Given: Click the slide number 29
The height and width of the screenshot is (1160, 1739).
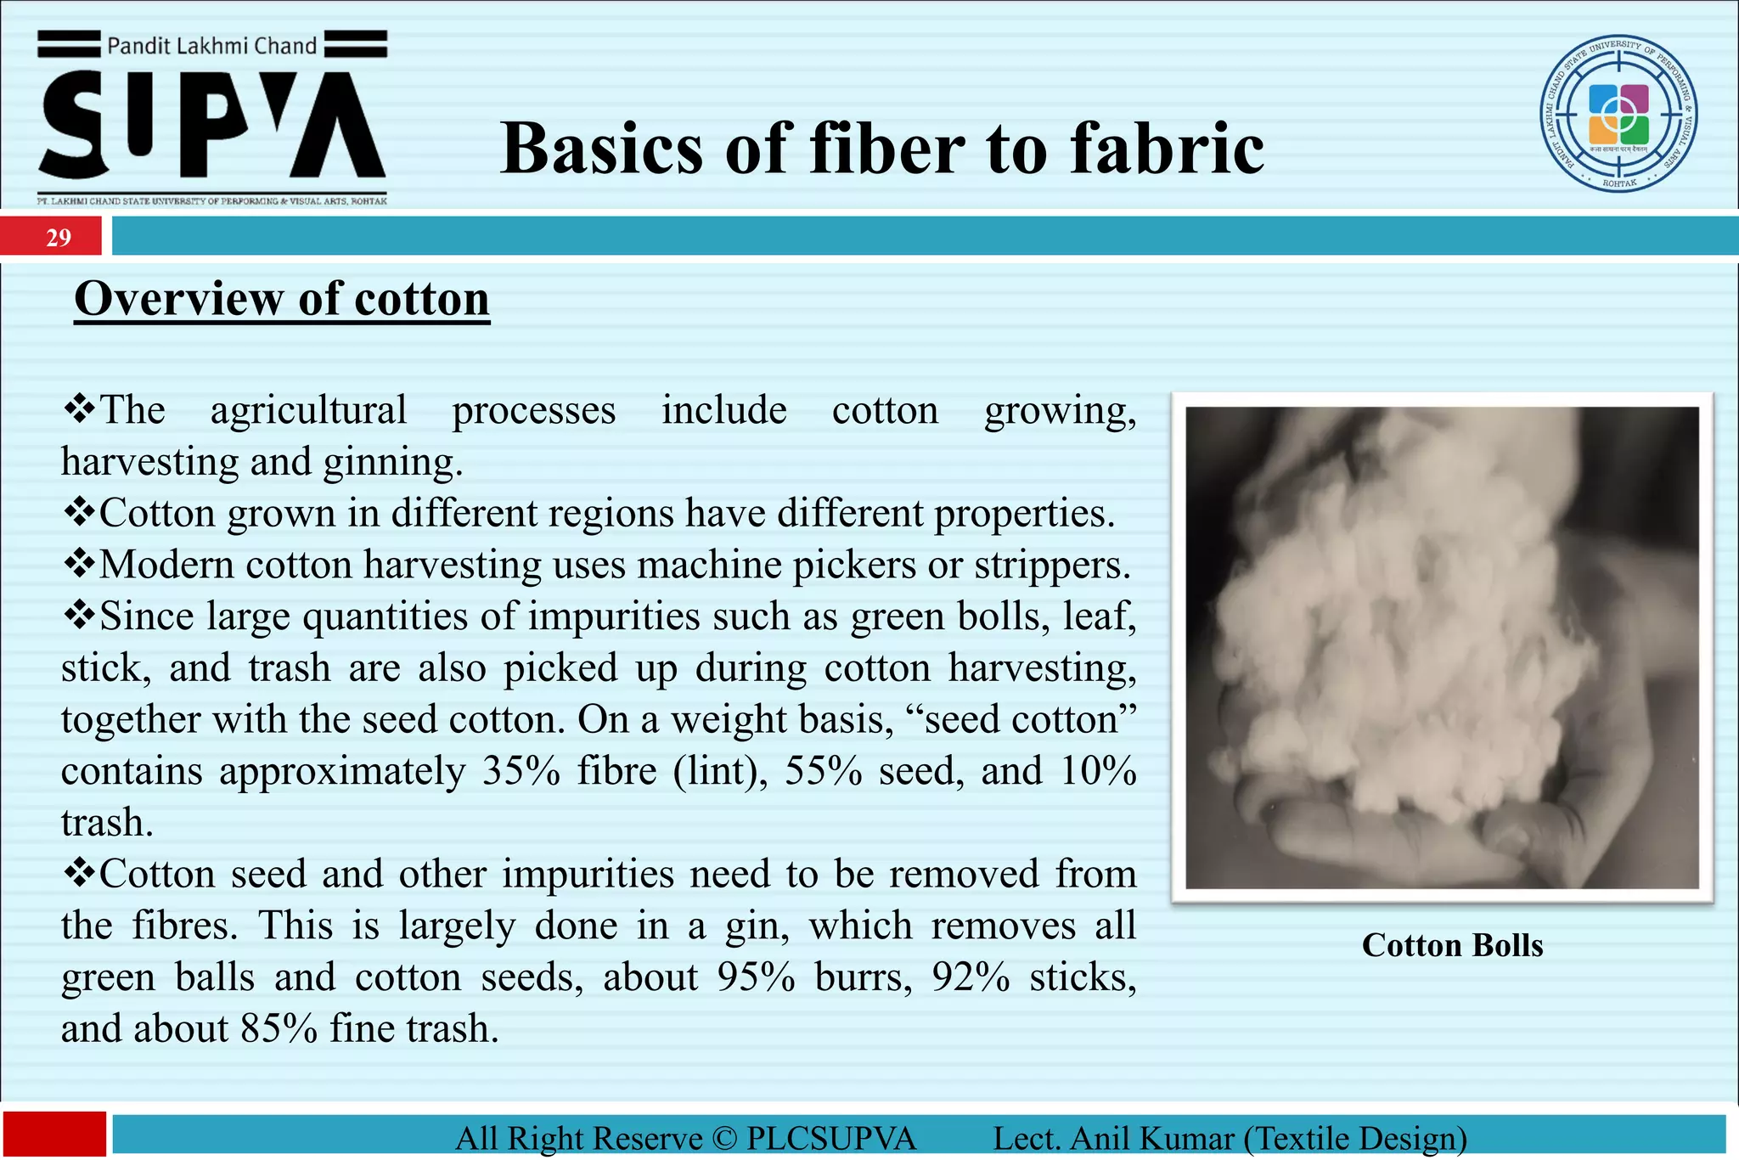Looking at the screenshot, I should (x=58, y=237).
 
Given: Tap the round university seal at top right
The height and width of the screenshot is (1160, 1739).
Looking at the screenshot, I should (x=1618, y=114).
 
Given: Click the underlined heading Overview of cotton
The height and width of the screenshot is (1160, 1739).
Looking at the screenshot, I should (x=282, y=299).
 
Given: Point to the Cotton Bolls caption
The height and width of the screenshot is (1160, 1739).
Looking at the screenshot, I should (x=1452, y=945).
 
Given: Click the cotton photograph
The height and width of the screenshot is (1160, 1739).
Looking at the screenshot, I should (x=1442, y=647).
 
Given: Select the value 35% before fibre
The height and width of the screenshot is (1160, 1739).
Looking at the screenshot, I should (x=521, y=771).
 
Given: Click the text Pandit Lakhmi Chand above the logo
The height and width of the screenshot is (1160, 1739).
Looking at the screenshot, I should (x=211, y=46).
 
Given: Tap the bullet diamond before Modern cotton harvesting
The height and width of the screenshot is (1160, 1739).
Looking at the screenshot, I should (x=79, y=563).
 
